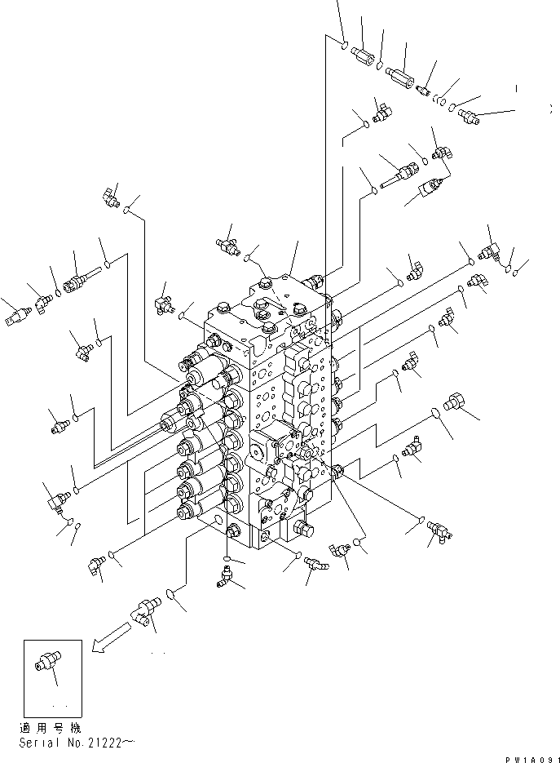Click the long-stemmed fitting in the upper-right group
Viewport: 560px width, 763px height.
point(401,172)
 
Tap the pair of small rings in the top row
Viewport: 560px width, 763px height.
point(441,100)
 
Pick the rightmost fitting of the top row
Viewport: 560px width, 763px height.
point(468,115)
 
